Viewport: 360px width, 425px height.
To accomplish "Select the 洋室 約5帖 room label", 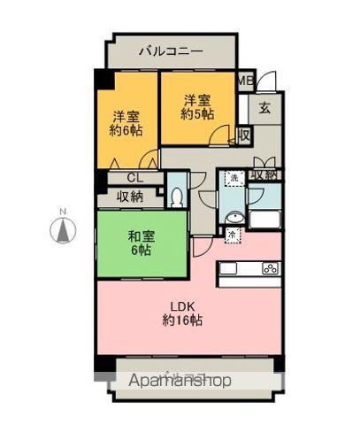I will [196, 107].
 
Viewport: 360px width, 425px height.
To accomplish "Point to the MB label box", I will [247, 81].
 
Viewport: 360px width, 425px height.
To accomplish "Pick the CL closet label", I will [130, 177].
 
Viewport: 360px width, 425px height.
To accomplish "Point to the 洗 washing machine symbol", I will [234, 180].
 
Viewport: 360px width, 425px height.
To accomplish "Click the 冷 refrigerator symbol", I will [231, 234].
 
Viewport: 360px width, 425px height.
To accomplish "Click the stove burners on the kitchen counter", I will [270, 269].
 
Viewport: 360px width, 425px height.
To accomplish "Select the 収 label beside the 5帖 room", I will [243, 135].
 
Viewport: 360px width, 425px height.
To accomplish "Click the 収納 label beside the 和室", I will [130, 197].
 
